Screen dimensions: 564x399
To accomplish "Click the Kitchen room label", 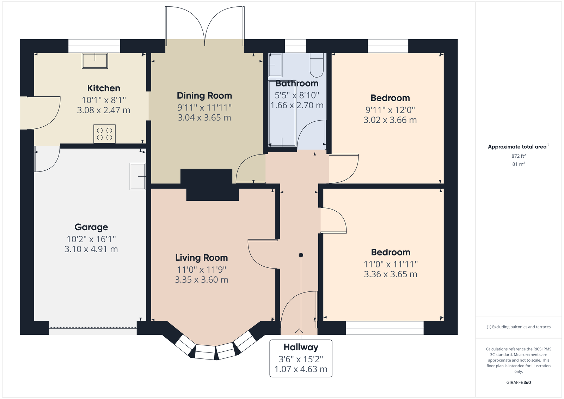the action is (x=104, y=88).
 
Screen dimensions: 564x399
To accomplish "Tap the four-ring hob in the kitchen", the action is (x=104, y=134).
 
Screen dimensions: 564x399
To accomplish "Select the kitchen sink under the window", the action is (x=95, y=61).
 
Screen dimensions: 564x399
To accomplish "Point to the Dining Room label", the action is (x=204, y=96).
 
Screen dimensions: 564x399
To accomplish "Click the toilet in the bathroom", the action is (x=317, y=65).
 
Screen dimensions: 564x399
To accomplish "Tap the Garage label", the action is (x=91, y=227).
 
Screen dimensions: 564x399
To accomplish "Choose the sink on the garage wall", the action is (x=138, y=176).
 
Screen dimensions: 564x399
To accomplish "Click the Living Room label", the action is (x=201, y=258).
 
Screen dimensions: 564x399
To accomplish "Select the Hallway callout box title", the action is (x=301, y=347).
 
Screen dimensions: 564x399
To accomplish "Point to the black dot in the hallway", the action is (x=301, y=255).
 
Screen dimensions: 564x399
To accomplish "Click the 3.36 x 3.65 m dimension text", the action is (x=391, y=274).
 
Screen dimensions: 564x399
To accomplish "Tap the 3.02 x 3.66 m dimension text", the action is (x=390, y=120).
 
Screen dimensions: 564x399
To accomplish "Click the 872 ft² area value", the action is (x=519, y=156).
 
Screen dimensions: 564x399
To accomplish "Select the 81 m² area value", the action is (x=519, y=164).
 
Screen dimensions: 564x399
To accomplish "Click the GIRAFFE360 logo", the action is (x=519, y=382).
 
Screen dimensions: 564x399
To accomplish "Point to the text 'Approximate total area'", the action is (x=517, y=147).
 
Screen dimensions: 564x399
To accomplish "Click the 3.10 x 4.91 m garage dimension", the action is (x=91, y=249).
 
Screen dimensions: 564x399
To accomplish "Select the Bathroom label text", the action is (x=297, y=83).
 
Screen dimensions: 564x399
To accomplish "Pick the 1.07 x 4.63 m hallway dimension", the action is (x=301, y=369).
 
